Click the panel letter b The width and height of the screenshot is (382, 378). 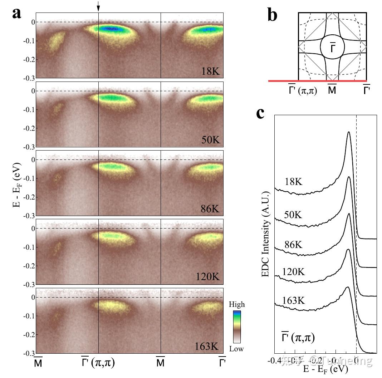click(x=272, y=15)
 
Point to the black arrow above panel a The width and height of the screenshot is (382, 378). click(x=98, y=5)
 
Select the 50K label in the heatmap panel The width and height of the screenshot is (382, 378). click(x=212, y=140)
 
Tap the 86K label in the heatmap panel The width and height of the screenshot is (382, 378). click(x=211, y=209)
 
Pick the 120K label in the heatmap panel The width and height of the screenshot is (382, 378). click(x=209, y=277)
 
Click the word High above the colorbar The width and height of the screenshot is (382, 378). click(x=237, y=305)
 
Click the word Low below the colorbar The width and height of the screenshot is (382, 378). click(x=236, y=349)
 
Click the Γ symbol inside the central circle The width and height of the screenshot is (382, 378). click(x=332, y=48)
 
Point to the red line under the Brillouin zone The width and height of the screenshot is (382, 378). click(x=317, y=81)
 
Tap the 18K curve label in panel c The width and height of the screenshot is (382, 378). click(x=293, y=182)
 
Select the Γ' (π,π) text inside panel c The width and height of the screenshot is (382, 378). click(x=298, y=337)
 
